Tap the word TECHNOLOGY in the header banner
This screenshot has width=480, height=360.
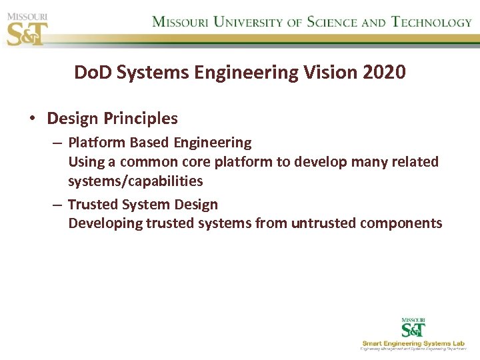coord(431,21)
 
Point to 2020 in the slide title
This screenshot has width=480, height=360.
coord(384,73)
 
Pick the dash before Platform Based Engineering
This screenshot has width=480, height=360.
coord(57,143)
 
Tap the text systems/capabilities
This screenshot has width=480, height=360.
coord(135,181)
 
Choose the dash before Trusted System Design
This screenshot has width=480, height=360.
coord(57,205)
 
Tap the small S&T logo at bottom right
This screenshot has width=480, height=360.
coord(413,328)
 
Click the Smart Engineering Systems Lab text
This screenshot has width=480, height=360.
coord(414,343)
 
